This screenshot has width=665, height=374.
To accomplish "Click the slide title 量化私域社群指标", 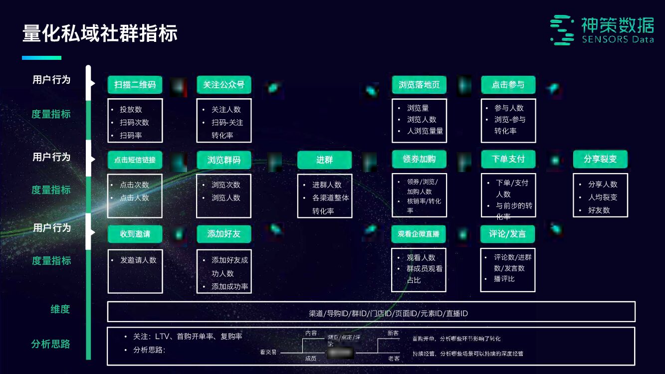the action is pos(100,33).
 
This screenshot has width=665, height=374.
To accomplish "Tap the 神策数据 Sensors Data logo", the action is pos(602,30).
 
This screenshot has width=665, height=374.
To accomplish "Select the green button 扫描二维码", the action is pos(135,85).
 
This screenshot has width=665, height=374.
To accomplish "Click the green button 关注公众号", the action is pos(223,85).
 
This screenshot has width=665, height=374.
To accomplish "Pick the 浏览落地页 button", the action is pos(419,85).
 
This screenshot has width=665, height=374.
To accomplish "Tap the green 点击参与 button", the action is pos(508,85).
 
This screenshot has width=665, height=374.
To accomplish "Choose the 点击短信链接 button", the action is pos(135,160).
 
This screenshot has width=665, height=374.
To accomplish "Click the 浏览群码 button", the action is pos(223,160).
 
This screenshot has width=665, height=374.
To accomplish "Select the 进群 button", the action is pos(324,160).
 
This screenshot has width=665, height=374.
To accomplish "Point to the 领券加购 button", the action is pos(419,159).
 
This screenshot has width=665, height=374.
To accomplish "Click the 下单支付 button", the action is pos(508,159).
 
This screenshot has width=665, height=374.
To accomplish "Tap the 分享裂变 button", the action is pos(600,159).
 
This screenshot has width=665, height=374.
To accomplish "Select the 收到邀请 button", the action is pos(135,234).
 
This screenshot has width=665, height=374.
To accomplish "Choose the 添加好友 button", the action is pos(223,234).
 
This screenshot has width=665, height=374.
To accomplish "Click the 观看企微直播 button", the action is pos(419,234).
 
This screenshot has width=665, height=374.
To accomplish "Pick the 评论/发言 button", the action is pos(507,234).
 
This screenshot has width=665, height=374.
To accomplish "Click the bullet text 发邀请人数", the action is pos(138,260).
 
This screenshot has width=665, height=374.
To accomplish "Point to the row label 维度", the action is pos(60,309).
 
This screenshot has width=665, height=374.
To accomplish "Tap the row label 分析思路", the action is pos(50,344).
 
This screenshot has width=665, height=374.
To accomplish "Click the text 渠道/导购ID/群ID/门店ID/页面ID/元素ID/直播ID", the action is pos(388,314).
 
